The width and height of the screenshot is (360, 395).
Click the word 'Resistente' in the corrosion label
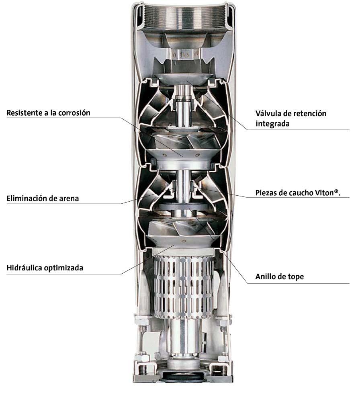pyautogui.click(x=25, y=113)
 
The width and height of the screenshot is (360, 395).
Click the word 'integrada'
pyautogui.click(x=272, y=124)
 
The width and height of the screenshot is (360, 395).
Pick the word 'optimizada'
pyautogui.click(x=64, y=268)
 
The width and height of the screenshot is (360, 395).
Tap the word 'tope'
pyautogui.click(x=296, y=277)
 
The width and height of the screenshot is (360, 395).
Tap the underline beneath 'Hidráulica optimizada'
pyautogui.click(x=64, y=274)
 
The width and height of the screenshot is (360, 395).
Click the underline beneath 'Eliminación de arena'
pyautogui.click(x=64, y=204)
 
